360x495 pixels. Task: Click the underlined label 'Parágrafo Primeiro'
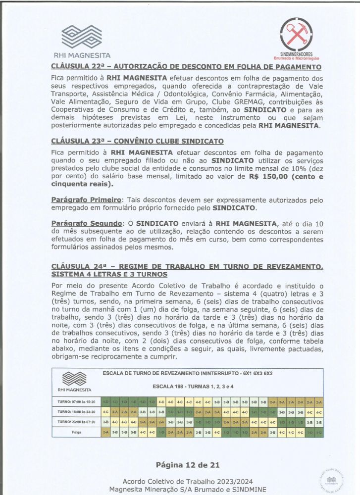tap(86, 199)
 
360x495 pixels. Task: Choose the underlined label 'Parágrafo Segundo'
tap(86, 223)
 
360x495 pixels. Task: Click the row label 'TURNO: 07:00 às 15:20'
tap(76, 402)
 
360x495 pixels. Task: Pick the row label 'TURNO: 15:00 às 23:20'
tap(76, 412)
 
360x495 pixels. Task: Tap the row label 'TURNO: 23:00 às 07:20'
tap(76, 422)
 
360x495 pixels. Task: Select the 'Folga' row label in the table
tap(76, 432)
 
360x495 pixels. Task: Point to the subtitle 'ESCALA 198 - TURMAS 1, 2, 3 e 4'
tap(193, 386)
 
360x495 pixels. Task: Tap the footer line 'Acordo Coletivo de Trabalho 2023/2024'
tap(180, 481)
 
